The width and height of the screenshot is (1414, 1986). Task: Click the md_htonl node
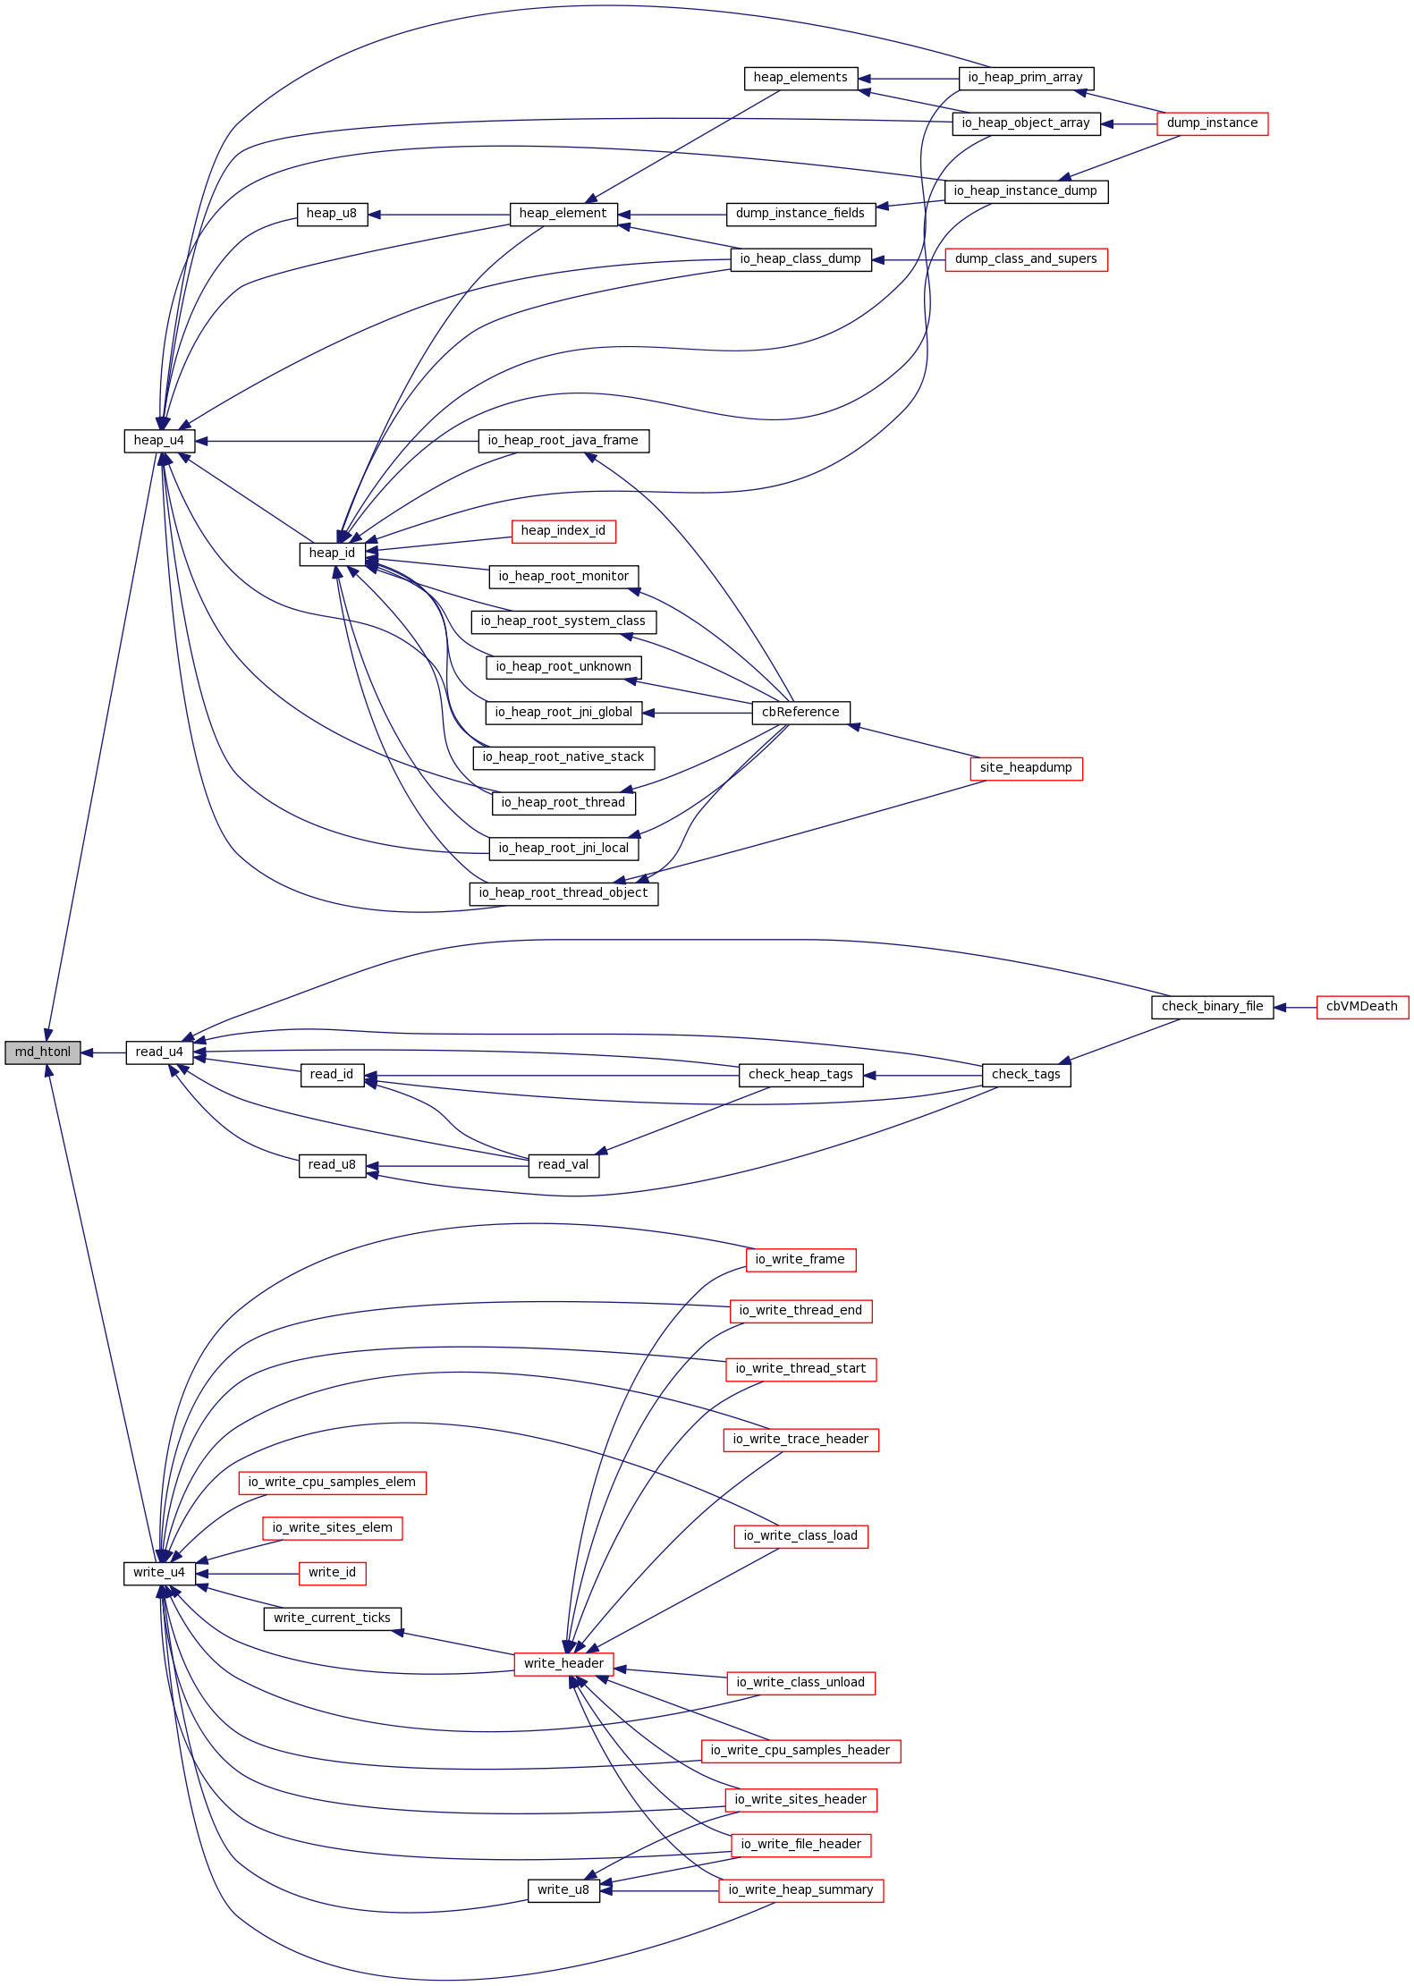42,1052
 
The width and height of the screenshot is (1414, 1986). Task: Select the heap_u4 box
158,441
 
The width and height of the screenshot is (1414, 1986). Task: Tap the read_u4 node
159,1052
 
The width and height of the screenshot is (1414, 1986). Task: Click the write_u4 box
159,1573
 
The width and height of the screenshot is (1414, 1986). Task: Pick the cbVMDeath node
1361,1007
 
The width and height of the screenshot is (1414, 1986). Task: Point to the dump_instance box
1212,123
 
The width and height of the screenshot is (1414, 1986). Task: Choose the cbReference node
800,713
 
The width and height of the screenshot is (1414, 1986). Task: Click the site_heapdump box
1026,768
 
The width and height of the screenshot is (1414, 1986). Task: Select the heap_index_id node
563,531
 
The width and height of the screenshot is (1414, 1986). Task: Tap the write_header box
563,1664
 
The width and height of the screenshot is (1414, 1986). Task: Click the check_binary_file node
1212,1007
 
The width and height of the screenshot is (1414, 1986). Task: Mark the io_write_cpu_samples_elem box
332,1483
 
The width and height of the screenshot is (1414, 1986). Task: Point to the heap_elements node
800,78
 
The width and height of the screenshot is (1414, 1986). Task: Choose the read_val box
563,1165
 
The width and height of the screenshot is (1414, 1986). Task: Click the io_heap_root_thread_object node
563,893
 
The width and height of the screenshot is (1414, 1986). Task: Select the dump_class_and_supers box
1026,259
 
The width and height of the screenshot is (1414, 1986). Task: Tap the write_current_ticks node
332,1618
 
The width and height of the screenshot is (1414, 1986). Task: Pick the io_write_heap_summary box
800,1890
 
